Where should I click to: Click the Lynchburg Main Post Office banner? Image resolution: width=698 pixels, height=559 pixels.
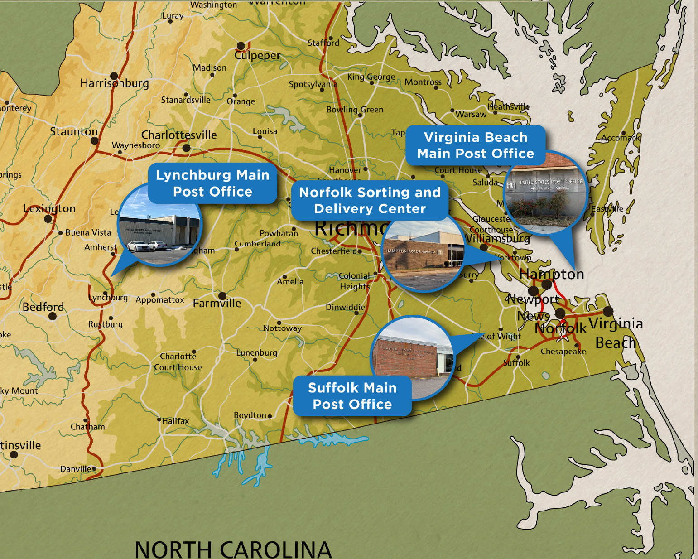(x=212, y=183)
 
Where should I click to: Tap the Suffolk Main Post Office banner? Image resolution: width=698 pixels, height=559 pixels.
(x=352, y=396)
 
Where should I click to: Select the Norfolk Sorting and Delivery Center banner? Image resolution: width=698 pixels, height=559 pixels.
(x=370, y=200)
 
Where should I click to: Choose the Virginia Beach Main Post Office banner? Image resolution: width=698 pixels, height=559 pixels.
(x=476, y=145)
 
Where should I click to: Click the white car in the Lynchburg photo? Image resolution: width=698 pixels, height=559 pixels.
(x=139, y=246)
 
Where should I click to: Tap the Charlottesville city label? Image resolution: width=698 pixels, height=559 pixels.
(x=179, y=135)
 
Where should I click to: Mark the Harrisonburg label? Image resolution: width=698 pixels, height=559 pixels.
(x=115, y=83)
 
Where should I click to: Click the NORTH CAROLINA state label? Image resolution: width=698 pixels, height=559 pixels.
(x=233, y=549)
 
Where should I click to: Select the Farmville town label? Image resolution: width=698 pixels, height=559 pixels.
(x=217, y=303)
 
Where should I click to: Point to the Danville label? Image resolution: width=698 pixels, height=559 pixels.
(x=76, y=469)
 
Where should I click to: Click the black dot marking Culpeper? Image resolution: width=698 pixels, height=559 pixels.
(x=241, y=46)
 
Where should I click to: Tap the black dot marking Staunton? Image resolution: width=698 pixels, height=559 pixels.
(x=94, y=141)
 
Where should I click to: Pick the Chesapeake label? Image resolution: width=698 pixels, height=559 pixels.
(x=563, y=352)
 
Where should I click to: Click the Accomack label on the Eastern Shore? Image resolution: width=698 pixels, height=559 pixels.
(x=621, y=138)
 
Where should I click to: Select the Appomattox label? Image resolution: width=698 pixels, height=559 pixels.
(x=160, y=300)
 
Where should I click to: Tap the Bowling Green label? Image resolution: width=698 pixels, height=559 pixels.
(x=355, y=110)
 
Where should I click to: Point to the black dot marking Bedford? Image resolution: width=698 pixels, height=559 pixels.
(x=53, y=316)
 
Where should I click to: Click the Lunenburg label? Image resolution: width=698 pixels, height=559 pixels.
(x=257, y=352)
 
